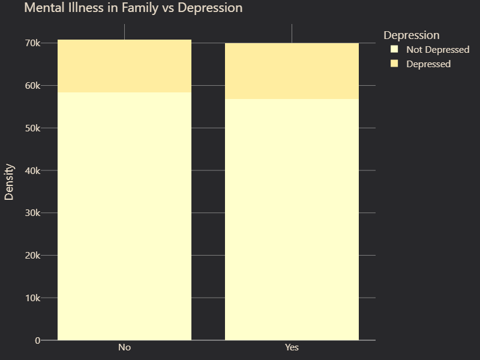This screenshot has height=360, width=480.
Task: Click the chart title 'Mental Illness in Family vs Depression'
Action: [133, 8]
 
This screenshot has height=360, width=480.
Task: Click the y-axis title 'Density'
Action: [10, 181]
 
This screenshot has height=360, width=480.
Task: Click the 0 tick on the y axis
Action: [37, 341]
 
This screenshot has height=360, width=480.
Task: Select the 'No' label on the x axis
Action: [124, 348]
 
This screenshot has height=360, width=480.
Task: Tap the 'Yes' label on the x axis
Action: [292, 348]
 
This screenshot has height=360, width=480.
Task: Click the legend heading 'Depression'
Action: [412, 35]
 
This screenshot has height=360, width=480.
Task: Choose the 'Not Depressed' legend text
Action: [437, 50]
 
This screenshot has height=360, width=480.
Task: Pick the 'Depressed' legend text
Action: [428, 64]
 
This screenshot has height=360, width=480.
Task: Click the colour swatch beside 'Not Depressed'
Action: [394, 49]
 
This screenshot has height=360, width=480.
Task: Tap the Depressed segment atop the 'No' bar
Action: [124, 66]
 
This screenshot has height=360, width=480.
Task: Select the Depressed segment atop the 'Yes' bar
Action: [292, 71]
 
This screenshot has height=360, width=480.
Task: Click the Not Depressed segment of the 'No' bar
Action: [124, 216]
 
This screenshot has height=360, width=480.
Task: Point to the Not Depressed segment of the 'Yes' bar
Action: [292, 220]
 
